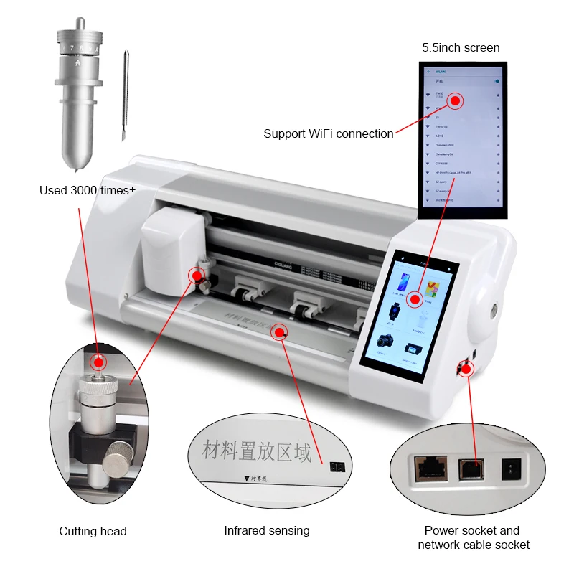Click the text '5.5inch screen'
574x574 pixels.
point(460,47)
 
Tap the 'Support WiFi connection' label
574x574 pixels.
point(328,133)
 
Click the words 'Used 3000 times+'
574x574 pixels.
point(88,190)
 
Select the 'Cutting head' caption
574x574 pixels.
point(93,531)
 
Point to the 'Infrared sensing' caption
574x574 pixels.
point(267,530)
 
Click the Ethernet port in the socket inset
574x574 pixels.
point(428,468)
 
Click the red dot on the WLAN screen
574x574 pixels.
point(457,100)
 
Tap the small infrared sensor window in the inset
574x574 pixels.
point(335,466)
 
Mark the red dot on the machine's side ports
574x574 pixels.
point(467,369)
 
